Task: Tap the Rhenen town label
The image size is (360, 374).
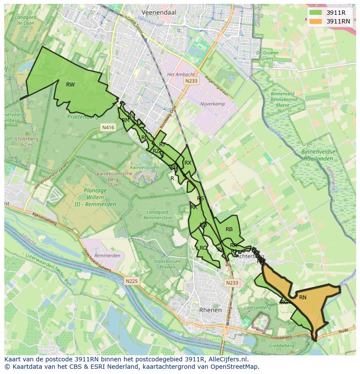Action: [x=210, y=310]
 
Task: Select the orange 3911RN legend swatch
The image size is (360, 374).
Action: [x=316, y=21]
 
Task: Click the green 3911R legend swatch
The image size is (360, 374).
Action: [x=316, y=13]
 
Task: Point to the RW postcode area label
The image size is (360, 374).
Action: [x=70, y=85]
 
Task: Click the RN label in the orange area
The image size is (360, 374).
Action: [x=303, y=298]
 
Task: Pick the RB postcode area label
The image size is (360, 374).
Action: [x=229, y=229]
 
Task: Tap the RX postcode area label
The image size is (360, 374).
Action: [x=188, y=163]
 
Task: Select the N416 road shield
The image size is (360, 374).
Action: [x=108, y=127]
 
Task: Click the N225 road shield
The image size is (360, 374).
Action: [x=132, y=281]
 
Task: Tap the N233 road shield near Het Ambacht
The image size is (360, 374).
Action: [x=191, y=81]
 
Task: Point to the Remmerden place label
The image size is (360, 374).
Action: [x=107, y=255]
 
